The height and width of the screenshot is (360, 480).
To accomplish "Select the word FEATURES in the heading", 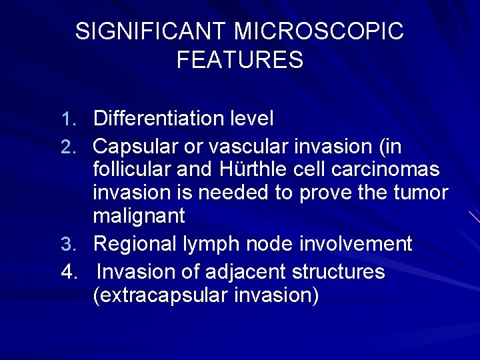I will pos(240,60).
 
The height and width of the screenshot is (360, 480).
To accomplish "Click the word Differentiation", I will pos(161,119).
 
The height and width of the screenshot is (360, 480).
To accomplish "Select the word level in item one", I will pos(253,119).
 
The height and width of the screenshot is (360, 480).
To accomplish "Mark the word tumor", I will pos(423,193).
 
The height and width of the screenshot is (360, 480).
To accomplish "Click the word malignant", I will pos(139,217).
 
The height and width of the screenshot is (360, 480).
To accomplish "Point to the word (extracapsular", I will pos(161,295).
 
